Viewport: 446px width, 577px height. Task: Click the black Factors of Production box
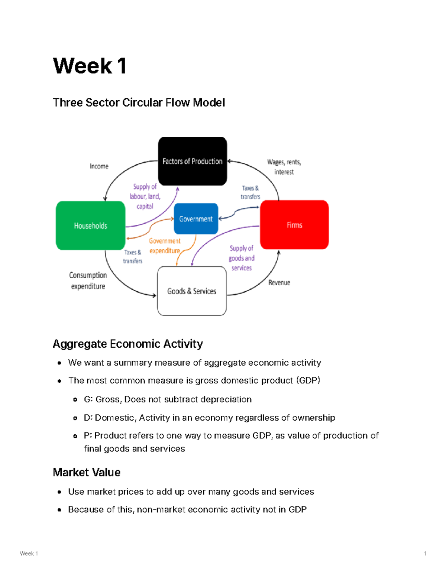[193, 161]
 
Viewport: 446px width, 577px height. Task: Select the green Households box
[90, 226]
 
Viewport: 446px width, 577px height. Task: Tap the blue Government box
[196, 219]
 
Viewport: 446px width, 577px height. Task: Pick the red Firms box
[294, 225]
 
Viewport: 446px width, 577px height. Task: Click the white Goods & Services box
[192, 291]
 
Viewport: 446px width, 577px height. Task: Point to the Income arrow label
[99, 166]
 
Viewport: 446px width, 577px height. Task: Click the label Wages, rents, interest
[284, 167]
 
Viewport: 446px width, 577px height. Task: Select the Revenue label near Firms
[279, 282]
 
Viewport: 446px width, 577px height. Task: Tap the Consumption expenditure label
[88, 281]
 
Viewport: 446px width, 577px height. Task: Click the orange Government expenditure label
[165, 246]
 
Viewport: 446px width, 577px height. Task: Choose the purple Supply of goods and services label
[242, 258]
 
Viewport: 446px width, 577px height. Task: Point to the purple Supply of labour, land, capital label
[145, 196]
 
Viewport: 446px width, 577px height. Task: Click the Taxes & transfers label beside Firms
[250, 192]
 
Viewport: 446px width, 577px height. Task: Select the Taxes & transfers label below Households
[133, 256]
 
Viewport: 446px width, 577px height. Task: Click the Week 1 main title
[90, 66]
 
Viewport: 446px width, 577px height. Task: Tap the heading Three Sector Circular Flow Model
[139, 103]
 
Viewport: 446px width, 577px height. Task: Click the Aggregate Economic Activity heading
[127, 344]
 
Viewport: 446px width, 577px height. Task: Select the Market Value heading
[87, 472]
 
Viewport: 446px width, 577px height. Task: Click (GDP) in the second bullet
[308, 380]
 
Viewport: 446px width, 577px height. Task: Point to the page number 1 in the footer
[425, 553]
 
